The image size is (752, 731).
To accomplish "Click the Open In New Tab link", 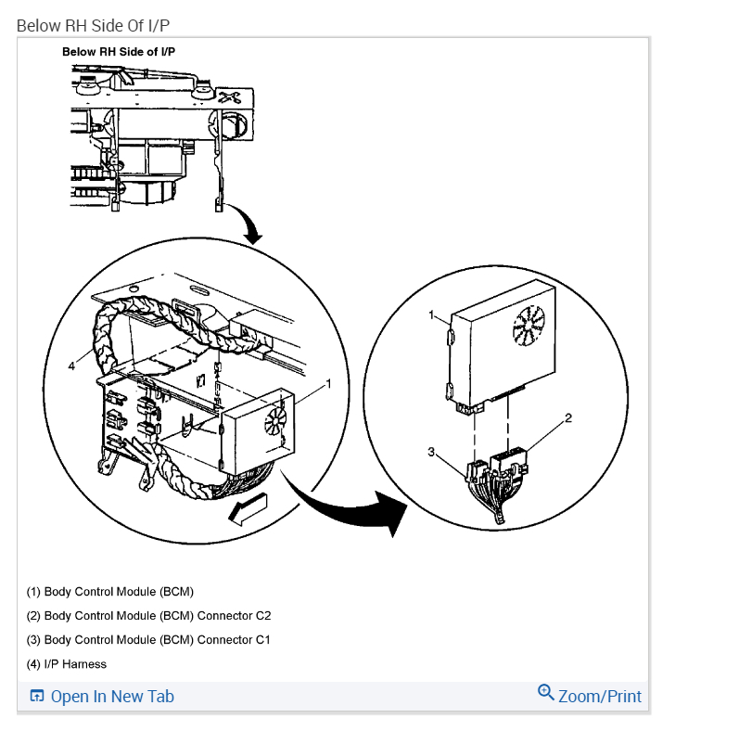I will tap(112, 697).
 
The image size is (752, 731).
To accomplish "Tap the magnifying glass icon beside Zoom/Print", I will tap(546, 693).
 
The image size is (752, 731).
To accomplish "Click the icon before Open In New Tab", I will tap(37, 697).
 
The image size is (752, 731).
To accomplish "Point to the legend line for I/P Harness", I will tap(66, 664).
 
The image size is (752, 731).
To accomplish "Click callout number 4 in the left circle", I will tap(71, 365).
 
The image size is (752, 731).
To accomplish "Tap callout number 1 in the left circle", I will tap(327, 383).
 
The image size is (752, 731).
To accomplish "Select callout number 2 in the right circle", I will tap(568, 418).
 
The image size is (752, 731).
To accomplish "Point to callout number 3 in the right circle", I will tap(431, 452).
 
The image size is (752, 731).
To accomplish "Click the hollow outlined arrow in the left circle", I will tap(249, 509).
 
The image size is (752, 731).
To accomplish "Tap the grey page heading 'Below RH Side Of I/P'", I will tap(93, 25).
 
